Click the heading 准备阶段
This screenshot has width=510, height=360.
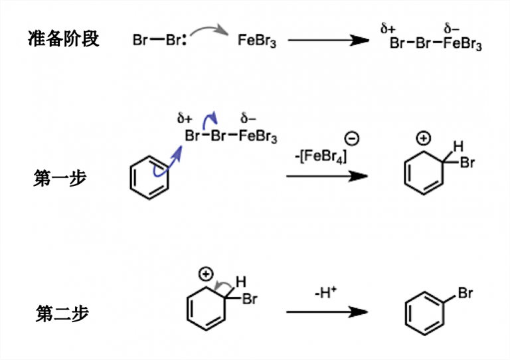[x=64, y=39]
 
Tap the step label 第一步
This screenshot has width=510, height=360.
[x=60, y=178]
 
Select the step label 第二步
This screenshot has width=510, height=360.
[x=62, y=314]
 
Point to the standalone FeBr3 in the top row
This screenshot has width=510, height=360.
[x=257, y=41]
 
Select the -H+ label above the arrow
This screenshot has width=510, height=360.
[x=326, y=292]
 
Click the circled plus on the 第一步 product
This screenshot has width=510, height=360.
[x=423, y=139]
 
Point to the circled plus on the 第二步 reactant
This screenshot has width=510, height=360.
[x=206, y=274]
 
